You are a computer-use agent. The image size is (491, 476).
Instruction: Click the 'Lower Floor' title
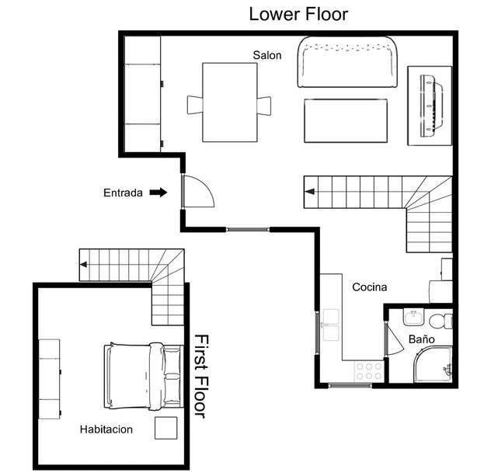point(298,15)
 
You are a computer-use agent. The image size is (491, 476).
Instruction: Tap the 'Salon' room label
point(267,55)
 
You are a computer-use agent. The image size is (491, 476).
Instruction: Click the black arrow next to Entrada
point(158,192)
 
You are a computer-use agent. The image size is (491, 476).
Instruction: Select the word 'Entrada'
point(123,193)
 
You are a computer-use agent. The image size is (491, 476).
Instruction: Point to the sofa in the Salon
point(347,62)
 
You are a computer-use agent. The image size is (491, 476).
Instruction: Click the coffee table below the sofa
point(346,121)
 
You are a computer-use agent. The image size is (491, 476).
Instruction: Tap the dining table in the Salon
point(230,102)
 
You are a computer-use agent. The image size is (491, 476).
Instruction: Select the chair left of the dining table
point(195,105)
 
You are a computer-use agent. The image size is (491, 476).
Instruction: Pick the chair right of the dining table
point(264,106)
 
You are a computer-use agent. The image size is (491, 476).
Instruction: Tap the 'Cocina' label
point(370,287)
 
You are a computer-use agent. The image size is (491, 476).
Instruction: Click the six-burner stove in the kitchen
point(369,371)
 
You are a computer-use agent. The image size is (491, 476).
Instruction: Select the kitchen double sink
point(331,325)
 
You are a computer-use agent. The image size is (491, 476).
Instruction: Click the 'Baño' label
point(422,339)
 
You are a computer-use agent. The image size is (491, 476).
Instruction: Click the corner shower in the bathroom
point(433,364)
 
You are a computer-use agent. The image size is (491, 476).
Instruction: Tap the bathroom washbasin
point(413,317)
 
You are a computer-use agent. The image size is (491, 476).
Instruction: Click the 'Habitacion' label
point(106,429)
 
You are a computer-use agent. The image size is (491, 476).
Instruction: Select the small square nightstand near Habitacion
point(166,428)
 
